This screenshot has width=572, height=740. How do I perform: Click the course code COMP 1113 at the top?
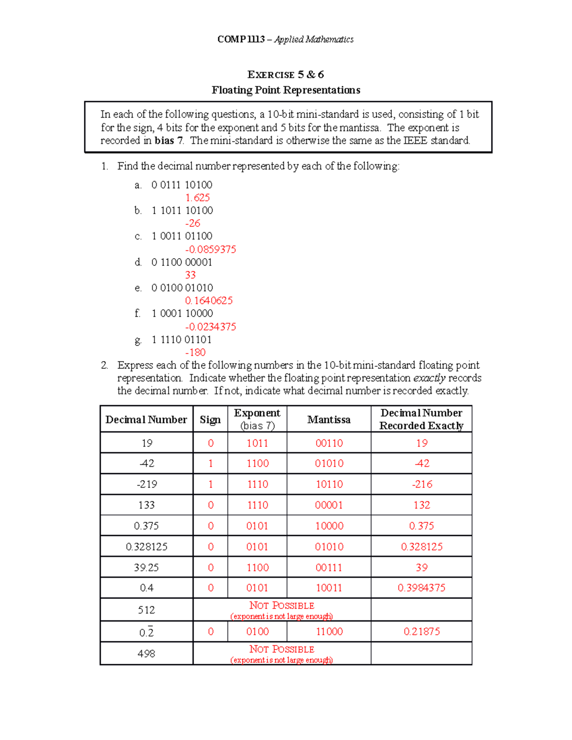[241, 40]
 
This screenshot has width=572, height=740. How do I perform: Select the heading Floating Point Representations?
[286, 90]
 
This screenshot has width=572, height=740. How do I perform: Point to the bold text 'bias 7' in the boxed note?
[169, 141]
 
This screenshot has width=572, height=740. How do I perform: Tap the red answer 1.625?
[197, 198]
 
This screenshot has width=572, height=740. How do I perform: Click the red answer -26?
[193, 223]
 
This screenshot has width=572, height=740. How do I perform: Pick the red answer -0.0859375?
[210, 249]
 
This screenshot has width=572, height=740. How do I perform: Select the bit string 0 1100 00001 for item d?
[182, 262]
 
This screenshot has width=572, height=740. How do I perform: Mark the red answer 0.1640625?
[209, 301]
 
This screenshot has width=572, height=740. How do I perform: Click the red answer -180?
[195, 352]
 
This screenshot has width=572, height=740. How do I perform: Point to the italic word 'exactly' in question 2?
[429, 378]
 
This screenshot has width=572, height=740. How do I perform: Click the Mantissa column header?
[329, 419]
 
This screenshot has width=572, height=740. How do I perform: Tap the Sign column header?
[210, 419]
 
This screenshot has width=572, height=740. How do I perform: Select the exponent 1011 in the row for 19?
[257, 443]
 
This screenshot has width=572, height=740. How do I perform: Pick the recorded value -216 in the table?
[422, 484]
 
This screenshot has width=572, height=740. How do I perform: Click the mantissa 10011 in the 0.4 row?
[329, 588]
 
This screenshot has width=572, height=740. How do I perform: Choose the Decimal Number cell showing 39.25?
[146, 568]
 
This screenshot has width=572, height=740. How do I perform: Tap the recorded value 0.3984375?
[422, 588]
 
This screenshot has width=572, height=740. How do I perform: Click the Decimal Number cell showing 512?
[146, 610]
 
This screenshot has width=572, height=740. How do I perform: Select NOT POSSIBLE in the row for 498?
[282, 649]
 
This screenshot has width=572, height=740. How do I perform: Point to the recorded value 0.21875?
[422, 631]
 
